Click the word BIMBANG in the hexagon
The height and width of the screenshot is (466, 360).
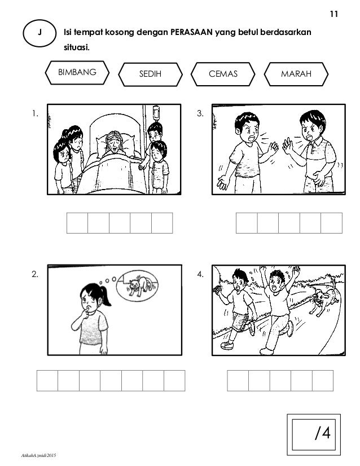77,72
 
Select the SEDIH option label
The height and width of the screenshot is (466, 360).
151,74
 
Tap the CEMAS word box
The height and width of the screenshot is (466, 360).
223,74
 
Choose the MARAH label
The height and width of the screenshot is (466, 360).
296,74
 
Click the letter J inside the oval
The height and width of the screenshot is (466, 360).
39,32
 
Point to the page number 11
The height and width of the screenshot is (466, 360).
334,14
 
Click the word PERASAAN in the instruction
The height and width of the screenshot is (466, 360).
192,32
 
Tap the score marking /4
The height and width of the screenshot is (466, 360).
323,433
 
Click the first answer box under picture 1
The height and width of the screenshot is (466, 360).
77,223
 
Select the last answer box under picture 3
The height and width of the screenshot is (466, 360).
331,223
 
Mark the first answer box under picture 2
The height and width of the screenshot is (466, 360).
47,380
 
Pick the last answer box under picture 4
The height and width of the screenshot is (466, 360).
323,380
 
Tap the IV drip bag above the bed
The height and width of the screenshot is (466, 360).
156,113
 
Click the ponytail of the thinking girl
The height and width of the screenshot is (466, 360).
105,297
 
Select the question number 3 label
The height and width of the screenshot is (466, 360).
200,113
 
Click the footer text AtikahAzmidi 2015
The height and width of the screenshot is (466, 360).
38,455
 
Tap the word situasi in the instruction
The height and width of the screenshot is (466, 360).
77,47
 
